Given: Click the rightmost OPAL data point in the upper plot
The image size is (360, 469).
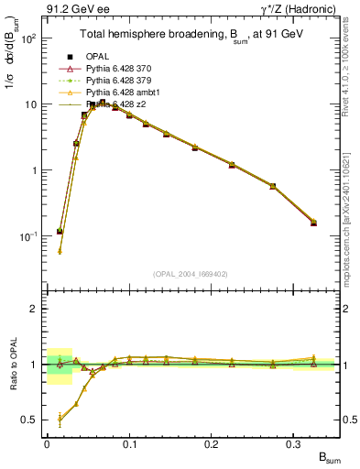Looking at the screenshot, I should coord(313,223).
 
